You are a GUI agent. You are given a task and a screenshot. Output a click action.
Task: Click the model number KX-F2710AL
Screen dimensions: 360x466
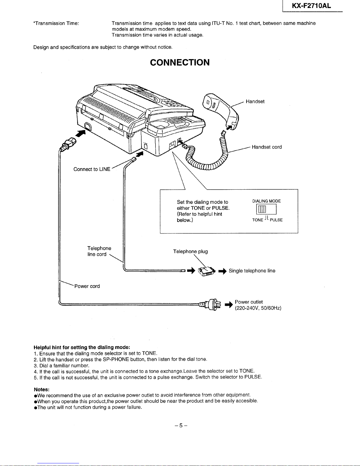pos(311,6)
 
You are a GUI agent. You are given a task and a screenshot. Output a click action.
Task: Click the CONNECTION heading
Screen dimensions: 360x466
pos(180,63)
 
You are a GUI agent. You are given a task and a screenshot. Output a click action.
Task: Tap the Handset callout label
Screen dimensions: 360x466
pos(255,101)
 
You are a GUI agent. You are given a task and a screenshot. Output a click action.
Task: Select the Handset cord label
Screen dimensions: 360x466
pos(267,147)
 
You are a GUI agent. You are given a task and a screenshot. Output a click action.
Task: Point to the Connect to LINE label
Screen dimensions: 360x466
pos(92,169)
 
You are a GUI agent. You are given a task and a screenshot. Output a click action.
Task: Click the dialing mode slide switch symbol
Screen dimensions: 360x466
pos(266,209)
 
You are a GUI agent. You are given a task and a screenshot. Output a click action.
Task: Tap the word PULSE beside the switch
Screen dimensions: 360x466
pos(276,220)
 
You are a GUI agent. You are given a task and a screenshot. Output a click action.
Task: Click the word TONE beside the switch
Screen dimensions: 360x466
pos(257,220)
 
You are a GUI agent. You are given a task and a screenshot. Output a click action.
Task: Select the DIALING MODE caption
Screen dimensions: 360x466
pos(266,201)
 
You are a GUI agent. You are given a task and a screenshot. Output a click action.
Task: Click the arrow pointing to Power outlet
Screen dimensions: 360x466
pos(229,304)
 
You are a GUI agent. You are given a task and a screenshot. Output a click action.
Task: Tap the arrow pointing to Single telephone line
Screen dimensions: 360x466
pos(222,271)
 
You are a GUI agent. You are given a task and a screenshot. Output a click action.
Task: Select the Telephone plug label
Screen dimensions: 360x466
pos(190,252)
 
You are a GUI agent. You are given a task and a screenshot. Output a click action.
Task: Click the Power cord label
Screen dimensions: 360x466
pos(87,286)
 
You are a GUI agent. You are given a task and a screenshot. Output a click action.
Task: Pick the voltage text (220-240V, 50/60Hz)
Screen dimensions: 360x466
pos(258,308)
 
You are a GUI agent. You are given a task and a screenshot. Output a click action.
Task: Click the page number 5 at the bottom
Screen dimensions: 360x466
pos(181,425)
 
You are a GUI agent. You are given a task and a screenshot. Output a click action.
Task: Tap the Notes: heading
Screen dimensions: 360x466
pos(41,390)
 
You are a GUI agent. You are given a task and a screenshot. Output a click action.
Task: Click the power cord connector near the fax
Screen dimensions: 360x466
pos(68,144)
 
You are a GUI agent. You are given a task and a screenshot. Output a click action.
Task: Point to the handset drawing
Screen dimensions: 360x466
pos(221,111)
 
